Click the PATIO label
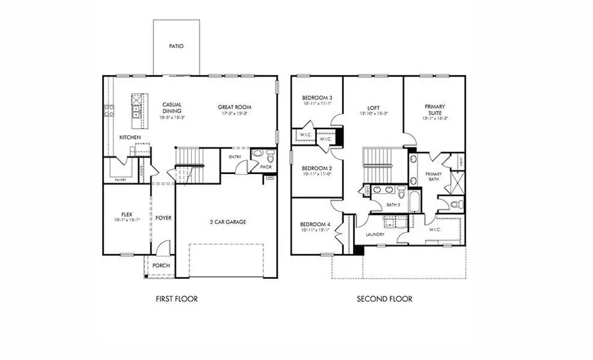pyautogui.click(x=176, y=47)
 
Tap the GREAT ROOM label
pyautogui.click(x=235, y=107)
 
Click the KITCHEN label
pyautogui.click(x=130, y=137)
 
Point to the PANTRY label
pyautogui.click(x=121, y=179)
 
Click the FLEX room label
pyautogui.click(x=127, y=215)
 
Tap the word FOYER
pyautogui.click(x=163, y=218)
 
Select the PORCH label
pyautogui.click(x=161, y=266)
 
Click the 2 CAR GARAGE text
pyautogui.click(x=227, y=222)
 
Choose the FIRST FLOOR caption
pyautogui.click(x=176, y=299)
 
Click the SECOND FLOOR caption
pyautogui.click(x=384, y=299)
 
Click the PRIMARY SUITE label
pyautogui.click(x=434, y=110)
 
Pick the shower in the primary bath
pyautogui.click(x=456, y=179)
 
